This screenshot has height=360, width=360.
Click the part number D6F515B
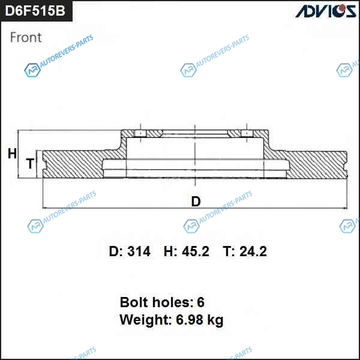35,11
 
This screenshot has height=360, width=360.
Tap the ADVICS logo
326,11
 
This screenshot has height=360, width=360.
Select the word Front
26,37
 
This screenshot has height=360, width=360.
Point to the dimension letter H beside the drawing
12,154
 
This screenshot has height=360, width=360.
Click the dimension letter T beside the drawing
30,163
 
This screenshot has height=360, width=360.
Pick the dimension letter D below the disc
196,202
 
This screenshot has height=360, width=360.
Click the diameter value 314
139,251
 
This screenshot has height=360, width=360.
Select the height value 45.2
196,251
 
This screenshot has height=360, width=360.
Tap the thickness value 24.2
253,251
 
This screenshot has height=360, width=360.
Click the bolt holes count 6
200,302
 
